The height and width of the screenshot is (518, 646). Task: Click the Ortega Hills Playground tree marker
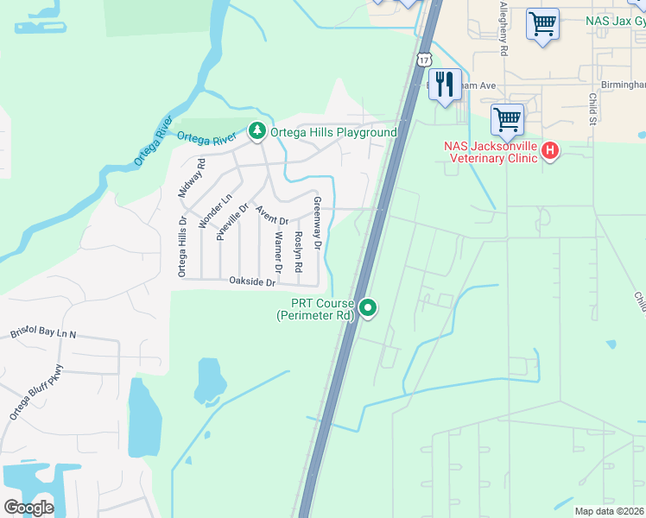coord(256,131)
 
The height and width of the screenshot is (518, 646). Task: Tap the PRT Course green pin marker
coord(369,307)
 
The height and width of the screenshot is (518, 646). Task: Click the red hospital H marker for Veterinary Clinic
coord(549,152)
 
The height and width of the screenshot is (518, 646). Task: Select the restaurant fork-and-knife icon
coord(445,85)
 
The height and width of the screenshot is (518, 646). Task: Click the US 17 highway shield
coord(422,60)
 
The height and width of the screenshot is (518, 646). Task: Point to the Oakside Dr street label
coord(252,282)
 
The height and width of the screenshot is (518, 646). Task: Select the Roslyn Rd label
coord(298,249)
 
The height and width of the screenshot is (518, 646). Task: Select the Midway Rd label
coord(191,180)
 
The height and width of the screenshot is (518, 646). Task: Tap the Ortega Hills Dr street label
coord(182,246)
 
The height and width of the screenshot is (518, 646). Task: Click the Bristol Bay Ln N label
coord(43,333)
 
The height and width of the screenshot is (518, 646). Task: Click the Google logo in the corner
coord(29,508)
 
